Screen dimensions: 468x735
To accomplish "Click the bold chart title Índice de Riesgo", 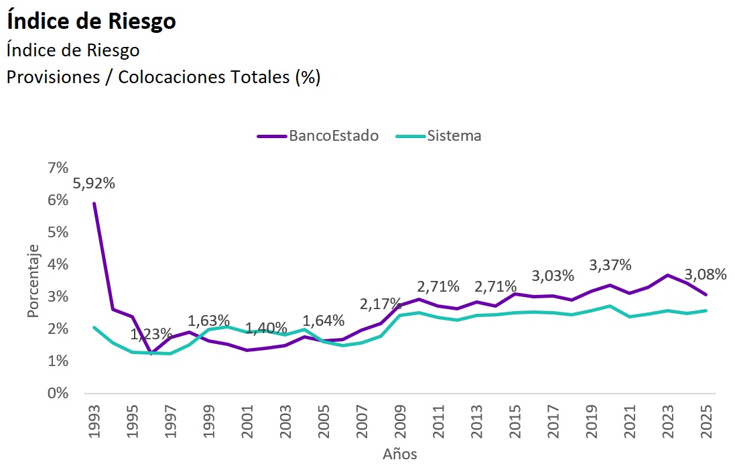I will (91, 21).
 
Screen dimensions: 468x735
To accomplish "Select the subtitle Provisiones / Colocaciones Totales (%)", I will (163, 77).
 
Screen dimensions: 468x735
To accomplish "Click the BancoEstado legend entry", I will (318, 135).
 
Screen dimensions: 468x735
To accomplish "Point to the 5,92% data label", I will (94, 182).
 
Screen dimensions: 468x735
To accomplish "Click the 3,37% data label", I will (610, 265).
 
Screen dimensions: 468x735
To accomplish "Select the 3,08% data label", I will (705, 274).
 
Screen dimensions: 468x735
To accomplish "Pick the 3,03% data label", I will (553, 276).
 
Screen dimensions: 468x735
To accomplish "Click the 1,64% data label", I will (324, 320).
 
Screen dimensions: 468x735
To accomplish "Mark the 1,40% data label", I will (266, 329).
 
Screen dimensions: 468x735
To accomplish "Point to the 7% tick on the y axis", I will (58, 168).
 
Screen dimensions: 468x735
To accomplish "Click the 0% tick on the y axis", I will (58, 394).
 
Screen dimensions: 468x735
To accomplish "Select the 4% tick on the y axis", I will (58, 265).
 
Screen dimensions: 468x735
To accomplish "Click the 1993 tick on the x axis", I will (94, 422).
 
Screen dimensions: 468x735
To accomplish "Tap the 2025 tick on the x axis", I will (706, 422).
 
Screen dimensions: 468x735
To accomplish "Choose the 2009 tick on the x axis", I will (400, 422).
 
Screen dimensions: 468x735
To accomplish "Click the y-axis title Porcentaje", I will (34, 281).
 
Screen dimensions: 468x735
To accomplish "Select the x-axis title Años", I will (400, 454).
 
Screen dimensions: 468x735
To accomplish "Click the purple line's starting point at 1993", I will (94, 203).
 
